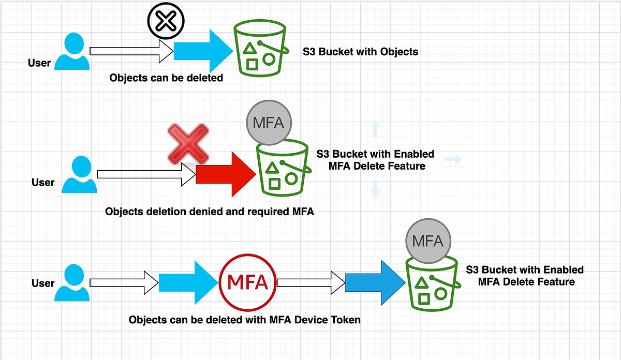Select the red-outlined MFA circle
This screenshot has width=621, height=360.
(x=248, y=282)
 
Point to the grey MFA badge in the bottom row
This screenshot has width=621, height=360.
(x=428, y=241)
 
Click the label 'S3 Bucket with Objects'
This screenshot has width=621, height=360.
(x=360, y=52)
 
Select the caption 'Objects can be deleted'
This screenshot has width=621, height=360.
(x=166, y=78)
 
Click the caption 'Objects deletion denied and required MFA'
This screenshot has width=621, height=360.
(x=210, y=212)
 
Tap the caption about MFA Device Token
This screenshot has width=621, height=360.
(x=244, y=320)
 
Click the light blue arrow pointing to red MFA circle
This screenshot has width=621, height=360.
(x=187, y=282)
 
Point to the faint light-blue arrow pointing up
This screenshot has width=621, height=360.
(x=376, y=129)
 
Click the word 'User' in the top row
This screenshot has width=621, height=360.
(x=39, y=63)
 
